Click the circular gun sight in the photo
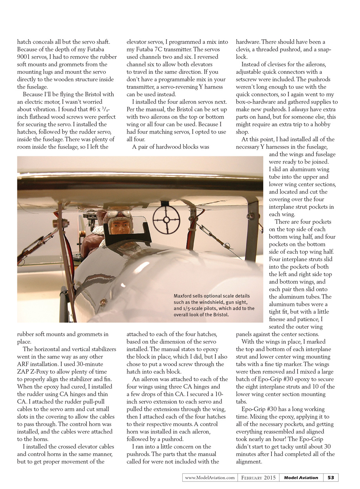(163, 215)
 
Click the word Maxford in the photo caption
(184, 296)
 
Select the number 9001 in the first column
(24, 57)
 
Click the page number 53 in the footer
(331, 478)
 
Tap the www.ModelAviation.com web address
(209, 478)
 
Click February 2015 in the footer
(259, 478)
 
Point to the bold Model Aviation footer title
(301, 478)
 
